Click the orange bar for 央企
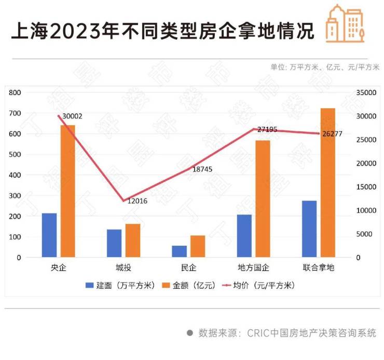[67, 191]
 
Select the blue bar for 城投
[114, 243]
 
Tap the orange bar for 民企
[197, 246]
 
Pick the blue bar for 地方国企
[244, 236]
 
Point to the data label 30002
[72, 116]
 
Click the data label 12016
[137, 201]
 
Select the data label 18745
[202, 169]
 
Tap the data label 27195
[267, 129]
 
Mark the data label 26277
[332, 134]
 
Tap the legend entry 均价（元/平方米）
[258, 285]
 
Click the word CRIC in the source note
[257, 333]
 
